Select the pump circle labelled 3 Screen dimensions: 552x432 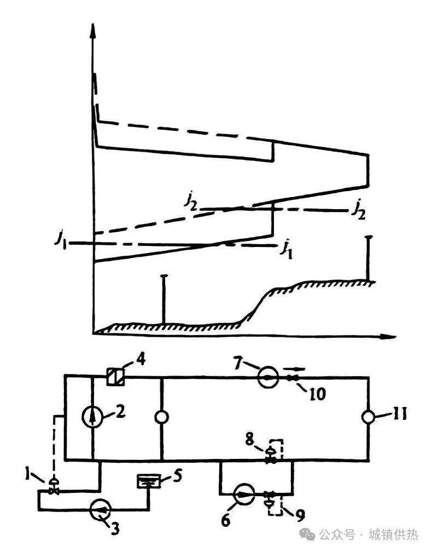(99, 510)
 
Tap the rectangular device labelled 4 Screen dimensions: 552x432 (115, 376)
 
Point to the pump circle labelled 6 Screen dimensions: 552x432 (243, 495)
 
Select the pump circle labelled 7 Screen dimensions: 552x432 (268, 377)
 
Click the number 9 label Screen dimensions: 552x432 (300, 514)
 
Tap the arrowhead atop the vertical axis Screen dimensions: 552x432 (94, 30)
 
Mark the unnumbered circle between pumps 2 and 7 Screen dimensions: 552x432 (162, 417)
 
